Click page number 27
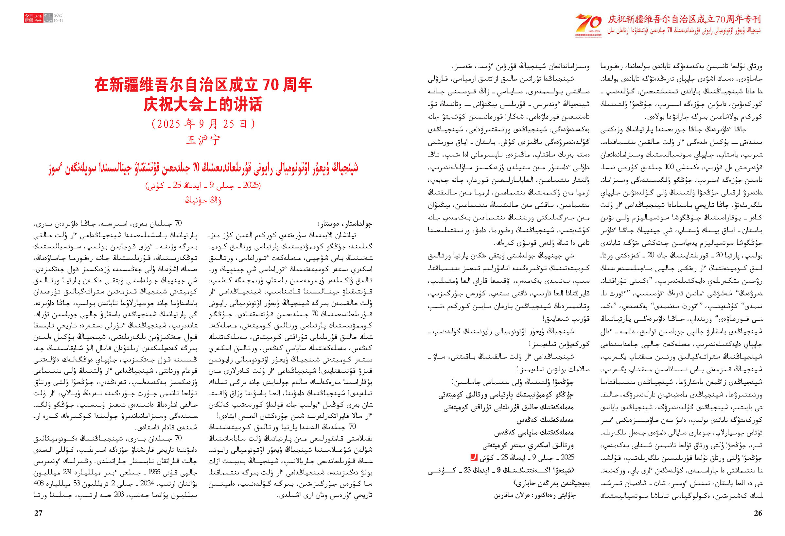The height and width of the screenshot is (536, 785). tap(39, 513)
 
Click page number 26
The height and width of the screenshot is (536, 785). tap(758, 513)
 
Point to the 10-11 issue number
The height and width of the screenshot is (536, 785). tap(59, 21)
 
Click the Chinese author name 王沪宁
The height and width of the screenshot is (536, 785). tap(203, 140)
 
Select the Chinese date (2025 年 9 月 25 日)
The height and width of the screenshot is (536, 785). tap(203, 124)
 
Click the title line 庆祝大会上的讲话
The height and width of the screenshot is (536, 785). tap(203, 104)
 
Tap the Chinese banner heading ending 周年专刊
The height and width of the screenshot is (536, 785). tap(684, 19)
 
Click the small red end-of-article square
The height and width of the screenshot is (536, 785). tap(474, 457)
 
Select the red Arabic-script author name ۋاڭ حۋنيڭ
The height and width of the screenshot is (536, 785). tap(203, 200)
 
